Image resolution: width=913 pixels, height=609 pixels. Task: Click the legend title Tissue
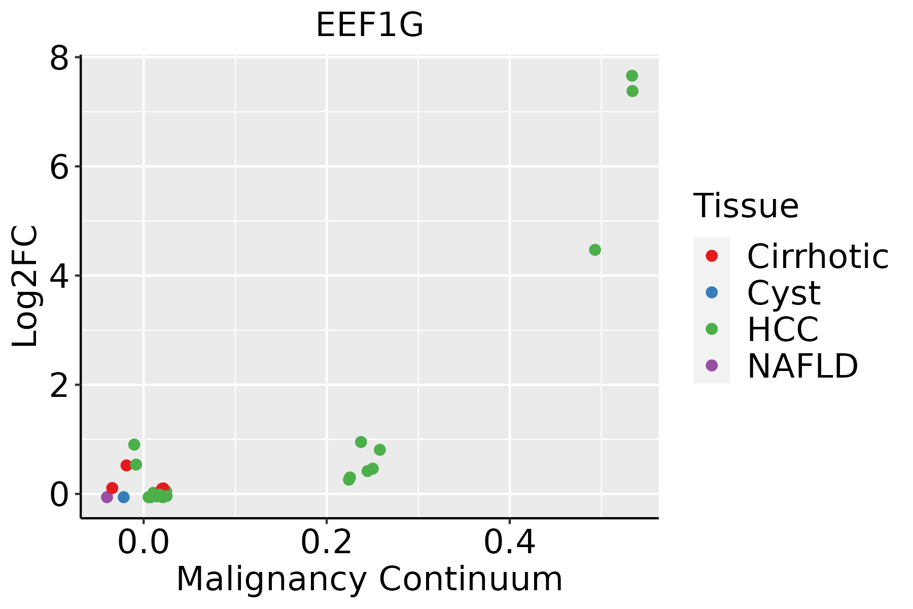(746, 206)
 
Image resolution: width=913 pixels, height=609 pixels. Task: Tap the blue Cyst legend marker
(712, 292)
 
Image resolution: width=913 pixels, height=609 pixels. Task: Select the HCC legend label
(783, 329)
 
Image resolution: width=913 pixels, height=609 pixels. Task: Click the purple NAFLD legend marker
(712, 365)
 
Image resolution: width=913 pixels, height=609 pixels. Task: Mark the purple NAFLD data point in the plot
(107, 497)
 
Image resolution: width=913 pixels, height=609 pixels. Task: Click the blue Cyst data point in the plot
(124, 497)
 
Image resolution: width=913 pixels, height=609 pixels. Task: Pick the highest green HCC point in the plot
(631, 76)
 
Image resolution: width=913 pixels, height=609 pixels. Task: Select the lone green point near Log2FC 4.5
(595, 250)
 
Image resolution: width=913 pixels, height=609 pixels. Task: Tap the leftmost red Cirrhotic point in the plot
(112, 488)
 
